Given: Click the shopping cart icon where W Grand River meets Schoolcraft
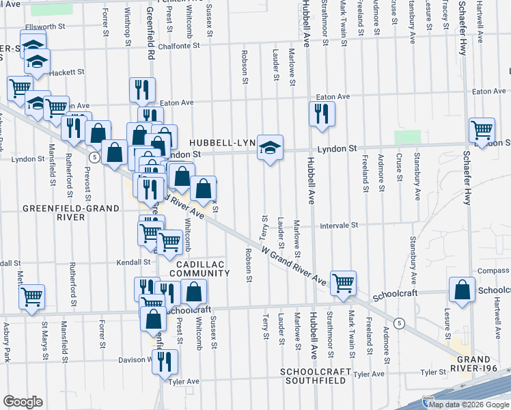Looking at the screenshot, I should click(x=344, y=282).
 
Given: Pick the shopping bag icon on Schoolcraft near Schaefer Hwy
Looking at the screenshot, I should click(x=462, y=290).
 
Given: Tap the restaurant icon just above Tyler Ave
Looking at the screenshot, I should click(x=165, y=361).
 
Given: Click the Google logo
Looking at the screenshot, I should click(x=23, y=402).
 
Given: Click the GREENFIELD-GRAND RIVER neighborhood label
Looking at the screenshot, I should click(x=53, y=213).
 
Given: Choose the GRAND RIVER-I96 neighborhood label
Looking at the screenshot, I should click(x=482, y=364).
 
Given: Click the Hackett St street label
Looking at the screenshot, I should click(x=66, y=72).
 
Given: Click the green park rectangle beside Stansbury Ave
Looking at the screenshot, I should click(x=407, y=137).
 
